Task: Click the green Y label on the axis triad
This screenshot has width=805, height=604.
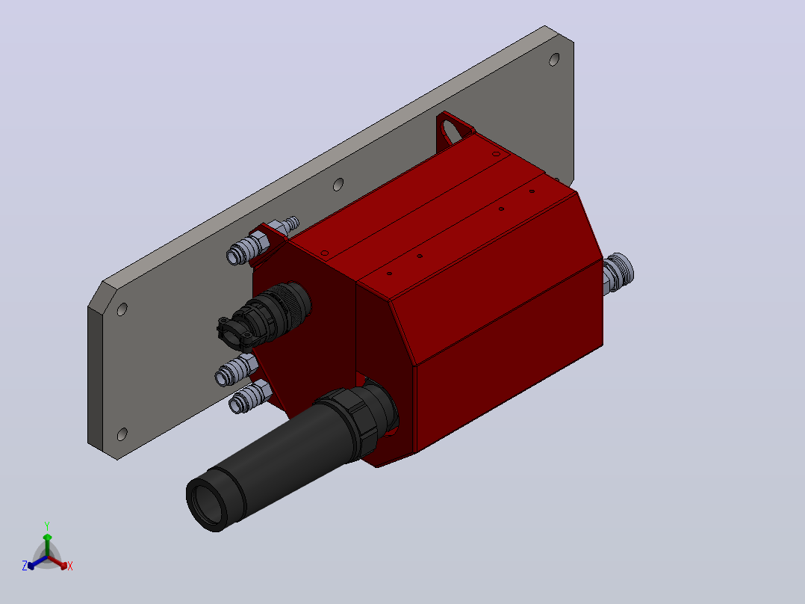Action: click(47, 526)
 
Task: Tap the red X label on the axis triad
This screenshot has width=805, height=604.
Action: click(70, 566)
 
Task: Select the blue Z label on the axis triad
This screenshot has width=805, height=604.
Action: click(25, 565)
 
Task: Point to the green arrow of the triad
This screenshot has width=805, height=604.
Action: click(47, 545)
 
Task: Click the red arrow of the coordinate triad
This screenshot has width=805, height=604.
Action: click(58, 562)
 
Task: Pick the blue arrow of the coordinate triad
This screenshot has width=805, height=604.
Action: click(37, 562)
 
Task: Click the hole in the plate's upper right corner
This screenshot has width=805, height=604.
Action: click(554, 60)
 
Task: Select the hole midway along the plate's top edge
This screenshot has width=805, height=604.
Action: click(338, 185)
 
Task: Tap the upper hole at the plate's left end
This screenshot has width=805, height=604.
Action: click(122, 309)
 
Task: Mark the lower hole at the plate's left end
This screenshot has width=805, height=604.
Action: click(122, 434)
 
